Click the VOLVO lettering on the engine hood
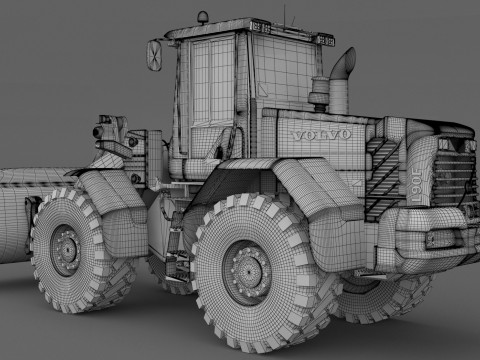coord(321,135)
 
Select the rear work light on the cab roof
coord(324,40)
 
